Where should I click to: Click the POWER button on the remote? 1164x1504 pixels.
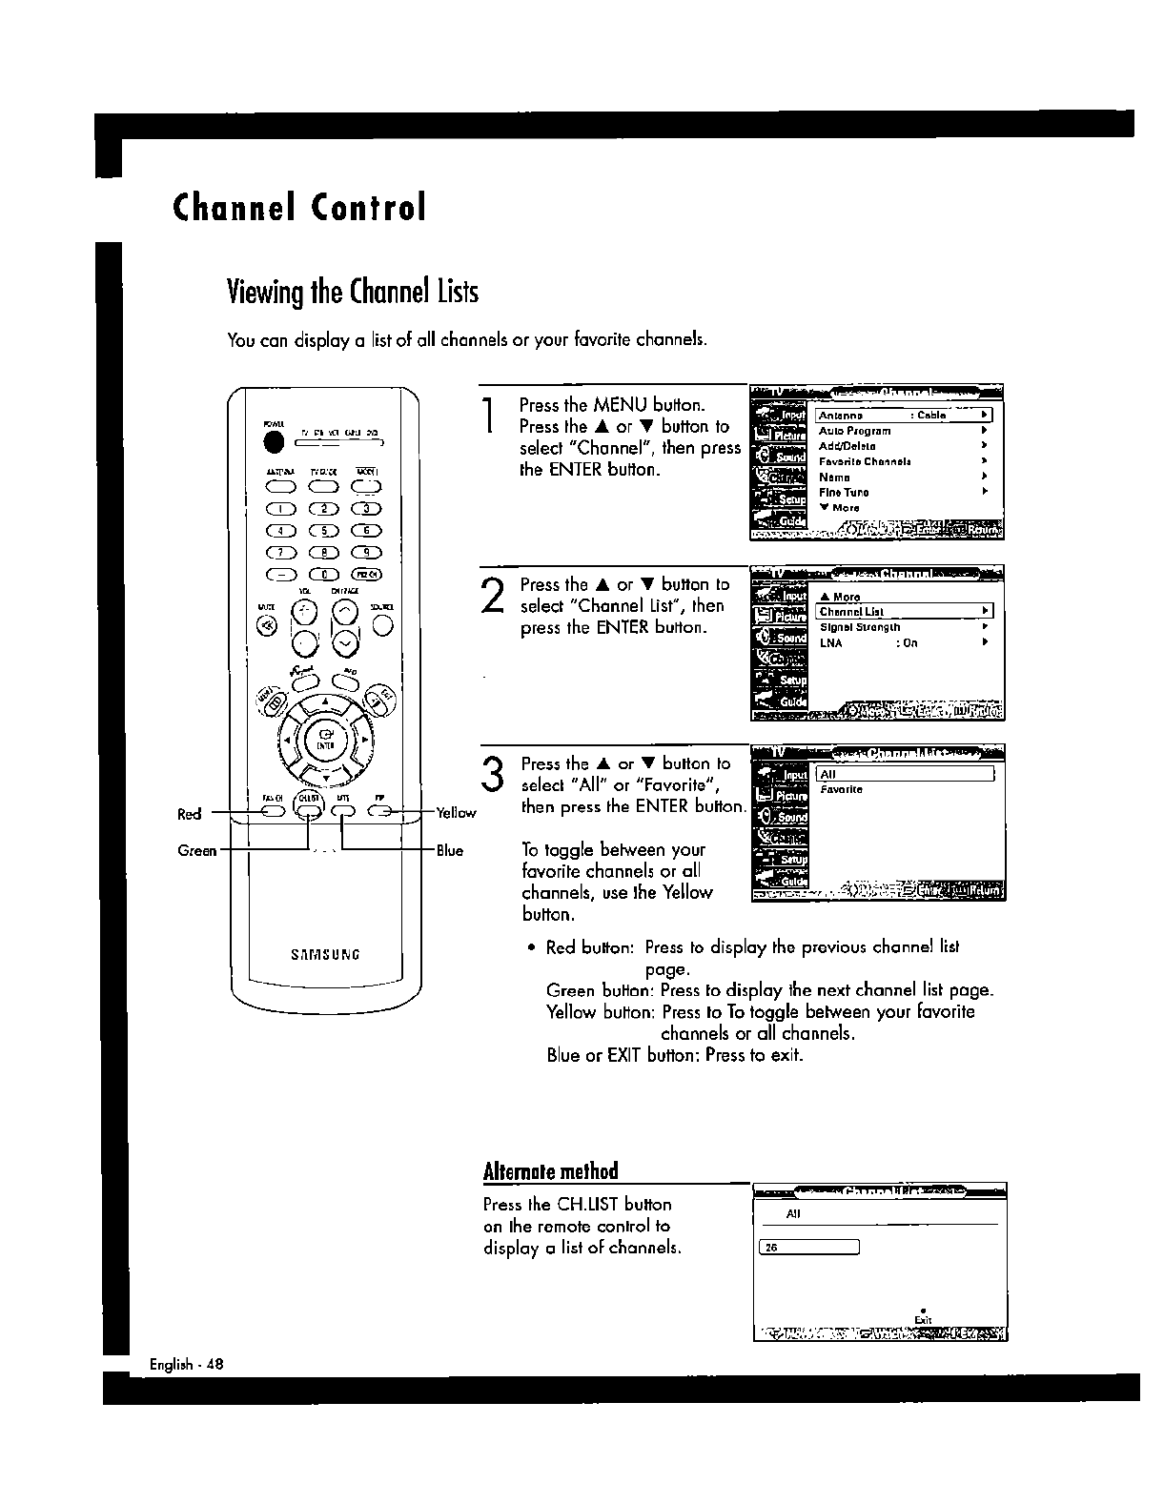(276, 443)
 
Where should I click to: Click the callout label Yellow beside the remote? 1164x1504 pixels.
(456, 813)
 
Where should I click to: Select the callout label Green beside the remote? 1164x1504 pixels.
(197, 851)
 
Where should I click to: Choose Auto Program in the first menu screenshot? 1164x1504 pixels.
(855, 431)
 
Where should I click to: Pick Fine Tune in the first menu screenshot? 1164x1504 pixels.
(844, 493)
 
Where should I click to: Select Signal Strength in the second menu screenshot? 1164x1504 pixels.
(860, 628)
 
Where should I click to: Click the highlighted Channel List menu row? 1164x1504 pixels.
(904, 612)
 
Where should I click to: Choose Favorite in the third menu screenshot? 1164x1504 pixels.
(841, 789)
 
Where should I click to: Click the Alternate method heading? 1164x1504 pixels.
(550, 1170)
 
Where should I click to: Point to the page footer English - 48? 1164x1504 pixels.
(186, 1363)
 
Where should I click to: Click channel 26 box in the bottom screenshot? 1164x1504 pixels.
(808, 1248)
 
